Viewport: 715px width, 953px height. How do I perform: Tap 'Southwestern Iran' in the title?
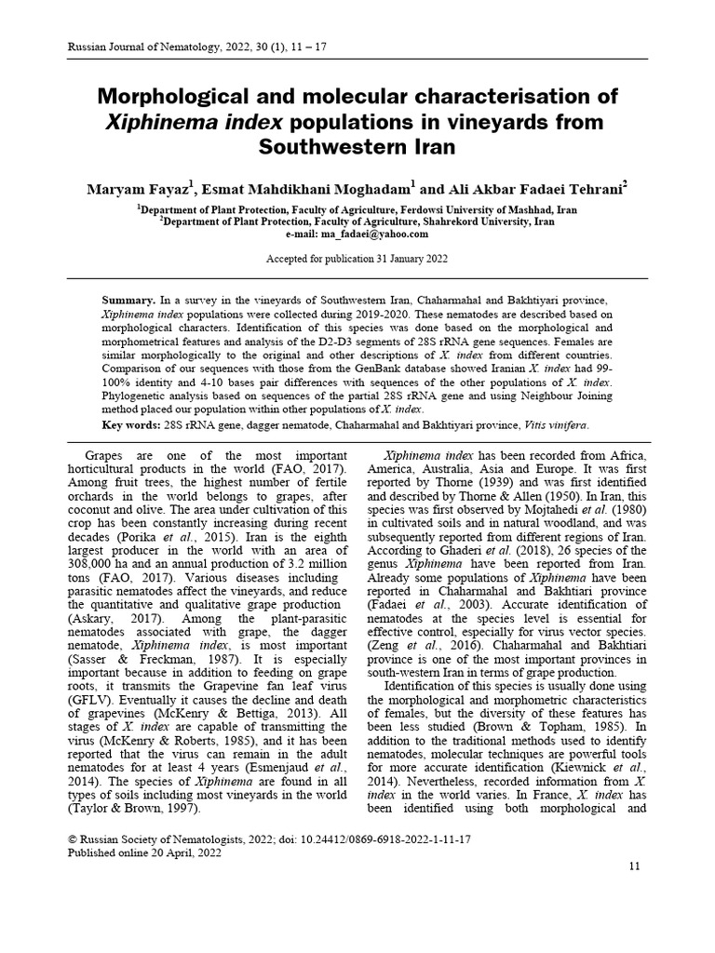357,147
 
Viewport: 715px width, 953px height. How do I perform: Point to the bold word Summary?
128,302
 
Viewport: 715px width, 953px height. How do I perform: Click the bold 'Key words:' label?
130,425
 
